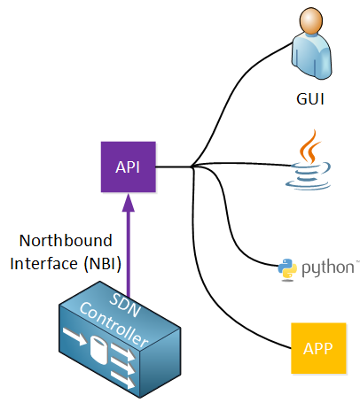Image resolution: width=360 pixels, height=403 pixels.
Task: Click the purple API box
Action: point(129,167)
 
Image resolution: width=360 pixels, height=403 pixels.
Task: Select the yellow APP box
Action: point(318,348)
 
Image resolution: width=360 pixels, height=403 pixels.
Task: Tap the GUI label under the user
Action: point(310,99)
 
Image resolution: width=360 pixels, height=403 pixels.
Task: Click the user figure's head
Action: point(311,20)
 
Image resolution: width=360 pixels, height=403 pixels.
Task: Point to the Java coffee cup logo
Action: point(309,160)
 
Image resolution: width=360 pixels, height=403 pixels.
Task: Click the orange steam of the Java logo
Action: point(309,147)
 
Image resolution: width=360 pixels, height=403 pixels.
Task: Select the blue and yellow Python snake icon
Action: point(287,269)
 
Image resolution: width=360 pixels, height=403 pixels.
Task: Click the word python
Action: point(328,268)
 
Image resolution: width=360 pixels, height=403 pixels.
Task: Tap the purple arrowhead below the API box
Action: point(129,203)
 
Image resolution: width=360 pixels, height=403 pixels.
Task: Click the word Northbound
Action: point(66,241)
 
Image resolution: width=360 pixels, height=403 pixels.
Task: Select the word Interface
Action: point(43,263)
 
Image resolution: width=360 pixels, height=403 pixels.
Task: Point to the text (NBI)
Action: point(103,263)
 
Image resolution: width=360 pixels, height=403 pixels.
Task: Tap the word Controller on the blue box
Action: point(114,324)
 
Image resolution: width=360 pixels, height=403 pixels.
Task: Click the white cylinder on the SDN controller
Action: point(98,350)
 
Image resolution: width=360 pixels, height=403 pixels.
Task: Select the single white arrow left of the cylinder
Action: point(74,336)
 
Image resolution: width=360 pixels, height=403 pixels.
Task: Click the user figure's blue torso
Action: point(311,56)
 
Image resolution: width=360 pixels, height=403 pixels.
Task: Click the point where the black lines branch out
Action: point(192,167)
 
